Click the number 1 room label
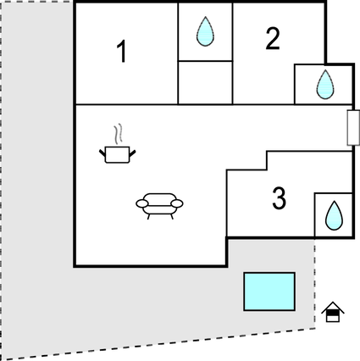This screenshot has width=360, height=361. tap(122, 51)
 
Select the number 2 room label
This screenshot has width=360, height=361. tap(273, 39)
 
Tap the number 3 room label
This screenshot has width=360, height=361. tap(279, 198)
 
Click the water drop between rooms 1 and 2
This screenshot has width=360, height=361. tap(205, 31)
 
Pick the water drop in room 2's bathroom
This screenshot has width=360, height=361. tap(325, 84)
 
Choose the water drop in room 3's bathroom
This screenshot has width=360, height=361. tap(334, 215)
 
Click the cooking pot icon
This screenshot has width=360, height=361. tap(117, 154)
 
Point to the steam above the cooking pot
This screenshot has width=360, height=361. tap(119, 133)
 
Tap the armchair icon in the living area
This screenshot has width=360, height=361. tap(159, 206)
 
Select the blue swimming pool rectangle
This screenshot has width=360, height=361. tap(269, 292)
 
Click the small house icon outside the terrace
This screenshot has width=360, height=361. tap(333, 312)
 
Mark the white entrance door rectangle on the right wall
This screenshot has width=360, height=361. tap(353, 128)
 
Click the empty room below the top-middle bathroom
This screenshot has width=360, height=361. tap(205, 82)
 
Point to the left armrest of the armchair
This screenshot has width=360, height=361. tap(142, 203)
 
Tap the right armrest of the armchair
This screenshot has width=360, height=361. tap(177, 203)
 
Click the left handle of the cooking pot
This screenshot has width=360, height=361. tap(102, 153)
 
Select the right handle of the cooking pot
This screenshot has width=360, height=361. tap(132, 153)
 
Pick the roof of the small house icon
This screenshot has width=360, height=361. tap(333, 307)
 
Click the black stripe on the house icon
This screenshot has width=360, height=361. tap(333, 313)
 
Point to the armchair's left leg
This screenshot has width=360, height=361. tap(148, 216)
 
